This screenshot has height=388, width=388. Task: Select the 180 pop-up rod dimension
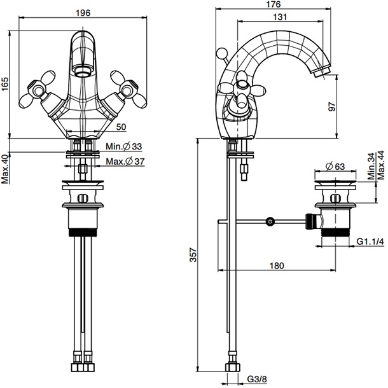click(x=276, y=267)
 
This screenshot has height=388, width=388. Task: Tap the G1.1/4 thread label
click(x=370, y=242)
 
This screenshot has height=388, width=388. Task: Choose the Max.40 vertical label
click(x=6, y=169)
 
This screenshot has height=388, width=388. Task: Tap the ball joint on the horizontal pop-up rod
click(x=271, y=221)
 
